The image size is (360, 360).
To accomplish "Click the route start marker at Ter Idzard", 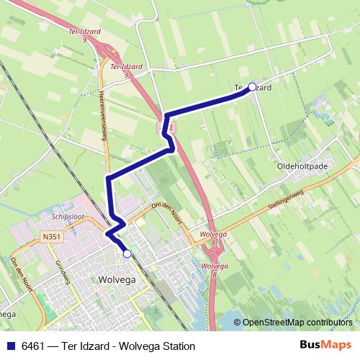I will click(x=252, y=87).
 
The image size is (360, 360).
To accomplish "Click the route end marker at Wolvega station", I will click(x=127, y=253).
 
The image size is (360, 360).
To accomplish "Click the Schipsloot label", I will click(x=68, y=215).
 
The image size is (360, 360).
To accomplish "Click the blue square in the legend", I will click(x=9, y=346).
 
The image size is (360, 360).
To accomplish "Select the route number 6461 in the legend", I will click(x=33, y=346).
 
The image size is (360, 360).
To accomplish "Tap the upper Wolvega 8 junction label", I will click(x=214, y=238).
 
